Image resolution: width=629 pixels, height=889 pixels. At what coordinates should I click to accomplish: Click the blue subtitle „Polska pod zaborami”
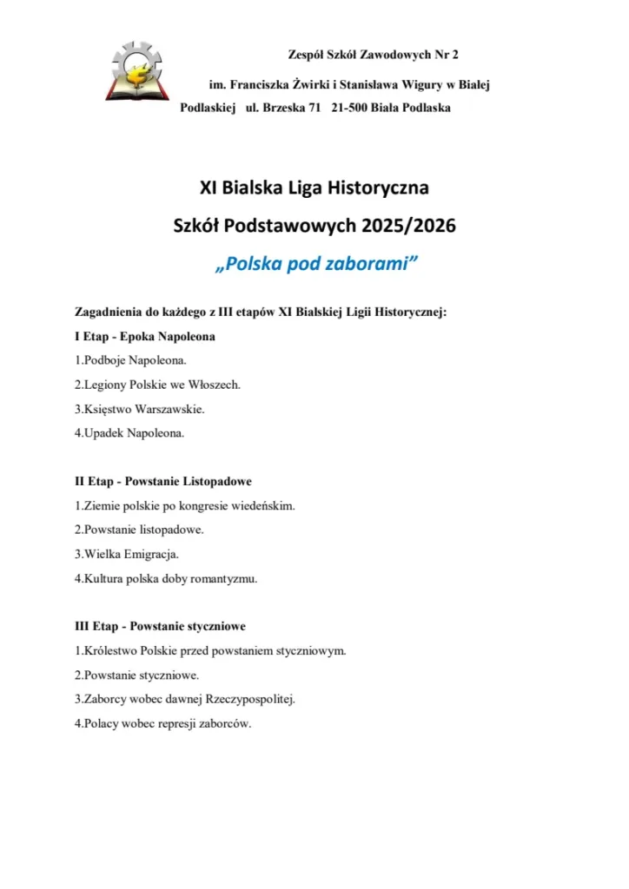314,264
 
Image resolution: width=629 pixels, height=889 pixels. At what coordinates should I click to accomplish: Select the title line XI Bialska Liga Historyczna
314,187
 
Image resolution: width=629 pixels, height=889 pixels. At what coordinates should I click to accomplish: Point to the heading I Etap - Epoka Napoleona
145,335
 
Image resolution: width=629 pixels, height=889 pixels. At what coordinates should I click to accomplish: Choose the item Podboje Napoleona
130,359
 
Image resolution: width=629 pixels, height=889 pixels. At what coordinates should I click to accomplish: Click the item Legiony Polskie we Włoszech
157,384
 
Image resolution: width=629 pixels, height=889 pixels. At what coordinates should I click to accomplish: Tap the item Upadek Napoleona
129,432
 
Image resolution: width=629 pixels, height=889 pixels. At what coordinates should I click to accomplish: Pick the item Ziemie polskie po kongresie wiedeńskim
185,504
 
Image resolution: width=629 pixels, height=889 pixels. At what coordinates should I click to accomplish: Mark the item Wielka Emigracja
127,553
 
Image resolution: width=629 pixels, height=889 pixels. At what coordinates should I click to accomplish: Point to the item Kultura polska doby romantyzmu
166,577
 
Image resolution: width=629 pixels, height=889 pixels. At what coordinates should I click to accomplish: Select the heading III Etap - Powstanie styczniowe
160,625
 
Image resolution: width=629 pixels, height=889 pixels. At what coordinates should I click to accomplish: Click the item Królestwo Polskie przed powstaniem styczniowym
210,649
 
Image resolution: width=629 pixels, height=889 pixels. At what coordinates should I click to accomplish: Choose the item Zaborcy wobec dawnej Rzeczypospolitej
185,698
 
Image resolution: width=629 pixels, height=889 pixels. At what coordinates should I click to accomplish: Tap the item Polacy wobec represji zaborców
163,722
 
